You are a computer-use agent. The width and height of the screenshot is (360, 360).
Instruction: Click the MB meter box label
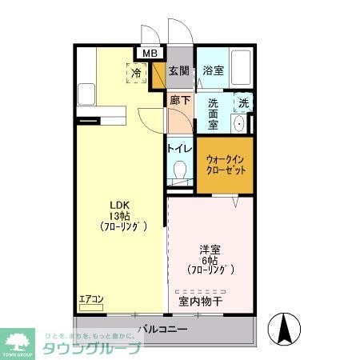point(150,54)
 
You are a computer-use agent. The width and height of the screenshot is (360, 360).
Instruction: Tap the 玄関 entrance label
point(178,70)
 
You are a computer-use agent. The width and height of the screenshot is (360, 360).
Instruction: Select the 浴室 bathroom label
point(212,70)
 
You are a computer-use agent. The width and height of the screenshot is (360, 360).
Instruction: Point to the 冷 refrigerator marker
point(137,73)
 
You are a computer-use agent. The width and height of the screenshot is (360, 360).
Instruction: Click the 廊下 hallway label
point(180,101)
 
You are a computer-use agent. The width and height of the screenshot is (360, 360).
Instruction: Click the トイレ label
point(178,148)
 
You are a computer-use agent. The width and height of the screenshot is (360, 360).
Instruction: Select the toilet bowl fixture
point(180,172)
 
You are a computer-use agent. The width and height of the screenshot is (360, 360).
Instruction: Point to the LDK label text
point(118,202)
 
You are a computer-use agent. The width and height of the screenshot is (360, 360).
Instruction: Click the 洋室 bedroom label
point(210,247)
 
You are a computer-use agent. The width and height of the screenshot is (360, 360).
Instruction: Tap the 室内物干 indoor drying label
point(200,302)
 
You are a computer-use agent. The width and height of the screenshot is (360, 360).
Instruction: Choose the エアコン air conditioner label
point(91,300)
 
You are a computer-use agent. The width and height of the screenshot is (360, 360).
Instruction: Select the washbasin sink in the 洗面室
point(239,124)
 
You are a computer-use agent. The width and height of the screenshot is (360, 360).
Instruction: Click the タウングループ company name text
point(93,347)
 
